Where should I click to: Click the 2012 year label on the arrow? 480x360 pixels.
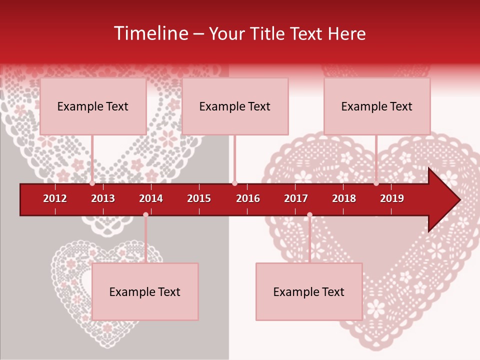[55, 198]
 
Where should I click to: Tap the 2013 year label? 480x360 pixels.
[103, 198]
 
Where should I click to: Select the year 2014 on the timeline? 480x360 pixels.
[151, 198]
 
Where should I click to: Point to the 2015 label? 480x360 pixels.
[199, 198]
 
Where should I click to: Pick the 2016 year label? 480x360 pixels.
[248, 198]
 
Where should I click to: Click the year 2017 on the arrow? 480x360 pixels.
[296, 198]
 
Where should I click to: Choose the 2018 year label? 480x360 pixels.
[344, 198]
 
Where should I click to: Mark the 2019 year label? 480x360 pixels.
[392, 198]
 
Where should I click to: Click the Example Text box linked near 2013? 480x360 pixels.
[93, 106]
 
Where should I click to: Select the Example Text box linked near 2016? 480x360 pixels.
[235, 106]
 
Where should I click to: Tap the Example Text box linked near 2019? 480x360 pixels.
[377, 106]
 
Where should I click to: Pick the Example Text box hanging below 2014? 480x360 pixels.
[145, 291]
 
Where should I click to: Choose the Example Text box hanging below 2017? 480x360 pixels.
[309, 291]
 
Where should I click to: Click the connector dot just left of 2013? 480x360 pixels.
[92, 183]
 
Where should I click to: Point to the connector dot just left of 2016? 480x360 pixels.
[235, 183]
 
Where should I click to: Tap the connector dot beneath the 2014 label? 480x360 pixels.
[145, 215]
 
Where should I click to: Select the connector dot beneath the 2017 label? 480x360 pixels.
[309, 215]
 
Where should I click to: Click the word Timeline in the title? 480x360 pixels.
[150, 33]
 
